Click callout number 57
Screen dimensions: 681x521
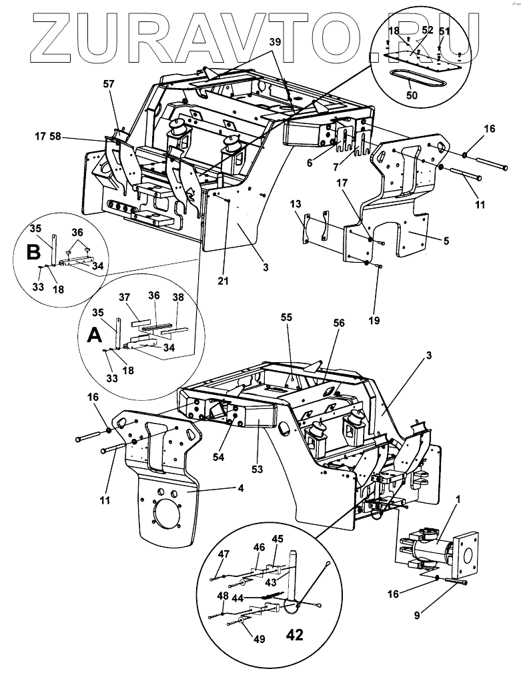[108, 84]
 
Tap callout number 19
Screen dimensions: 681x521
[374, 320]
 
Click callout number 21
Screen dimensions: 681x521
[223, 281]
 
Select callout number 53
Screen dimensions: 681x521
[258, 470]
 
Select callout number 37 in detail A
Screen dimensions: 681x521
[142, 297]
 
